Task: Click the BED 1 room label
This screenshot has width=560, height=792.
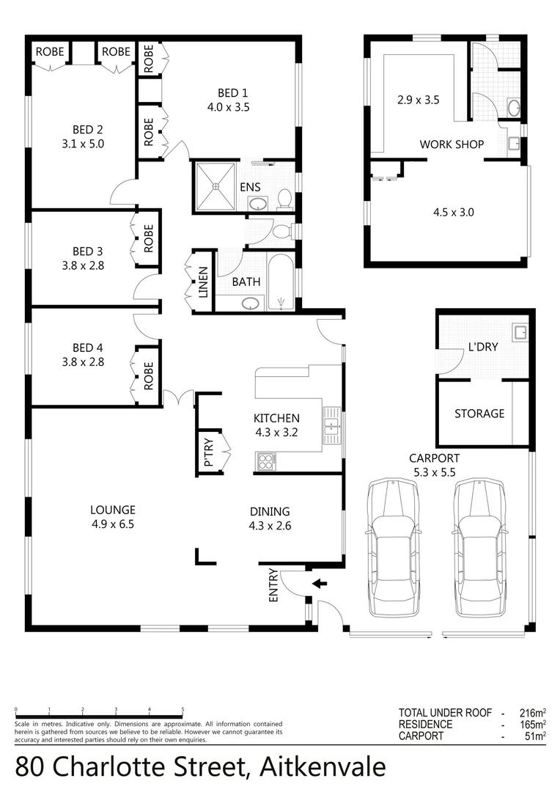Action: [233, 92]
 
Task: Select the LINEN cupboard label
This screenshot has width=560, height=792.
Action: [203, 283]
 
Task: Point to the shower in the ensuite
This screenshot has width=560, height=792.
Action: [216, 187]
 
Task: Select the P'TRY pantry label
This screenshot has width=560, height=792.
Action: [209, 452]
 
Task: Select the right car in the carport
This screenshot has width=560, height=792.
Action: [480, 546]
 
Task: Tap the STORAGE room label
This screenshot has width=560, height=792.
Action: [479, 414]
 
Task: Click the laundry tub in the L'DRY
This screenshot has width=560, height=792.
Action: [520, 334]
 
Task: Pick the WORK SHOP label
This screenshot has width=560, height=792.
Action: [452, 144]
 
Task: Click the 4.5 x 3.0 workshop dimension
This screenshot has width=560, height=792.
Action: [454, 213]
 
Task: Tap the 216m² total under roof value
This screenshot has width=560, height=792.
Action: [530, 712]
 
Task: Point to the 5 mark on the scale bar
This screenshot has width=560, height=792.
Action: [183, 710]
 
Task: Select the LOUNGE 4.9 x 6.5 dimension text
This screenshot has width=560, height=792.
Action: [113, 524]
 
